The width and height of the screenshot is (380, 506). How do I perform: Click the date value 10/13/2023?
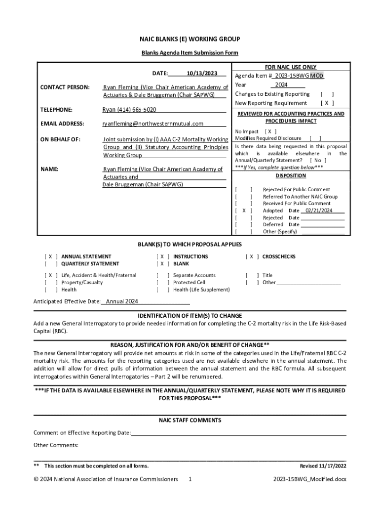click(202, 74)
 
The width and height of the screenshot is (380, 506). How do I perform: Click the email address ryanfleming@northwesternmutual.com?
click(152, 124)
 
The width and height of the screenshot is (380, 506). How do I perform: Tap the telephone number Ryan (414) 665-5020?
click(129, 110)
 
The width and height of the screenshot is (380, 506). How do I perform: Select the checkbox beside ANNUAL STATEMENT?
click(51, 257)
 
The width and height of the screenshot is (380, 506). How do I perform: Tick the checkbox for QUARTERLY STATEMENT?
click(51, 264)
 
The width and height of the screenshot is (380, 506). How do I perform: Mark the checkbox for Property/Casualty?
click(51, 283)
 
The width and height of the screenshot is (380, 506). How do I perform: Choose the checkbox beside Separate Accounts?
click(163, 275)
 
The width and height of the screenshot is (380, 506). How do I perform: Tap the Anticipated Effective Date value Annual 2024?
click(122, 301)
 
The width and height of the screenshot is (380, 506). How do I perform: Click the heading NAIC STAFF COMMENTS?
click(190, 421)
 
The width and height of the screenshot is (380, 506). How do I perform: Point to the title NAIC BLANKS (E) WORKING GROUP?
click(190, 39)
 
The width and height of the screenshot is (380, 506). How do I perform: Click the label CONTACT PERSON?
click(62, 87)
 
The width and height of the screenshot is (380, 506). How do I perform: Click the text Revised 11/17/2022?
click(323, 466)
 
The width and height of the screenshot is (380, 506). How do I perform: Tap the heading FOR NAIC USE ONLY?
click(291, 67)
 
